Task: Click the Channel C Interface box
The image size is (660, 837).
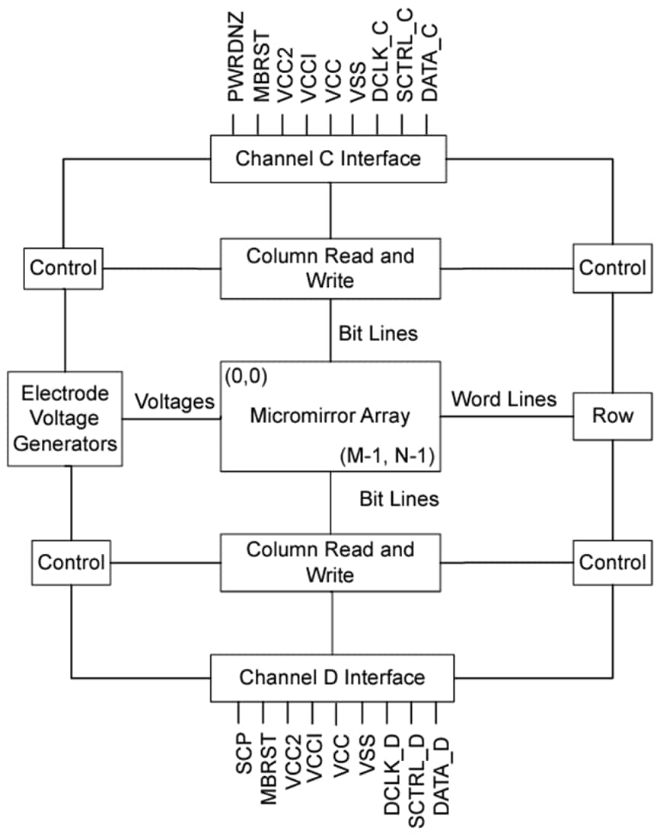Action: (328, 159)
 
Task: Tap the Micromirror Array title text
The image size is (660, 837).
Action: (330, 416)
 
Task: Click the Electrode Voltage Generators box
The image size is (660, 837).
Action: (65, 418)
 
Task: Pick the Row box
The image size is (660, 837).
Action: (613, 416)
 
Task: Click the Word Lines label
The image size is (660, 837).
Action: (504, 399)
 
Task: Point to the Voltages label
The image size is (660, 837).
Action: (174, 402)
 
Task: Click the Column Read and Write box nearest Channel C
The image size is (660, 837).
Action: (330, 268)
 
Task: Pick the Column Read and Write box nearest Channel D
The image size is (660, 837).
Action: (330, 562)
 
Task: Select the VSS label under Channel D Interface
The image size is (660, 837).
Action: (366, 753)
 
